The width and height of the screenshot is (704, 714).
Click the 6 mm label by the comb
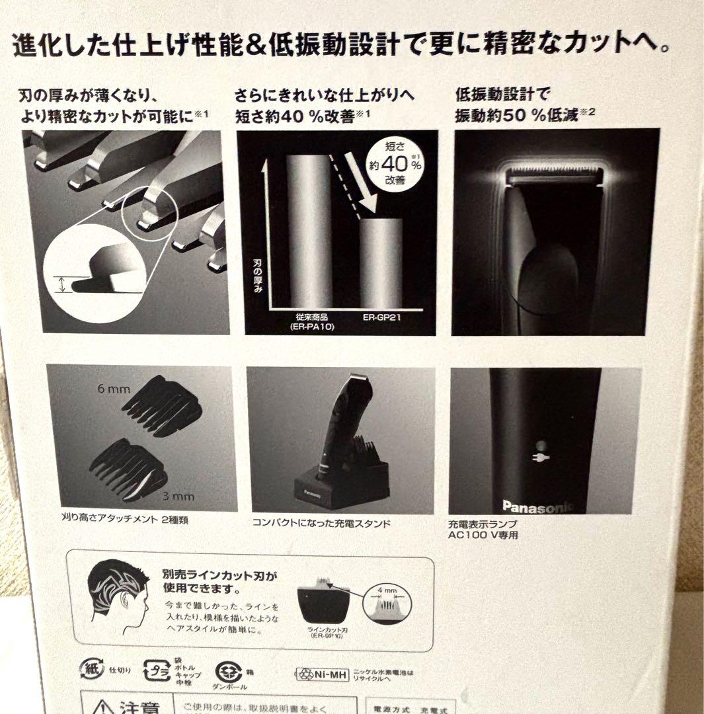pos(114,389)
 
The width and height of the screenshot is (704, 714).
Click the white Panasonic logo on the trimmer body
pos(537,506)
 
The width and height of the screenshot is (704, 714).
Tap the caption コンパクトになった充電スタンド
pos(321,523)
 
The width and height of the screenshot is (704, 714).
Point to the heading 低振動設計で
pos(502,95)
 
